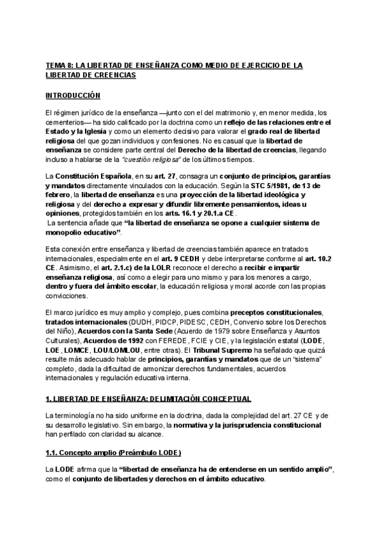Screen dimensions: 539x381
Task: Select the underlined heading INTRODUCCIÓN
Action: point(73,96)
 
